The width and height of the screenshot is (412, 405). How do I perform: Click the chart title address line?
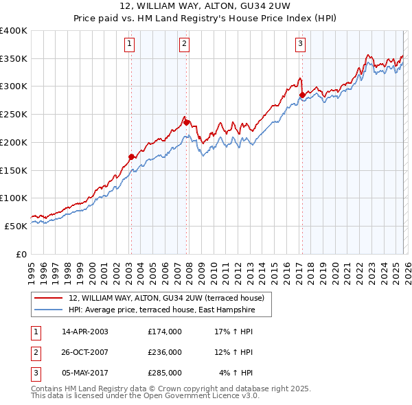(x=205, y=8)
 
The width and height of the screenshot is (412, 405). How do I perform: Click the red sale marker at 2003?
(x=131, y=157)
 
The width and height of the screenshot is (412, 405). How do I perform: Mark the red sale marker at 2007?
(x=186, y=122)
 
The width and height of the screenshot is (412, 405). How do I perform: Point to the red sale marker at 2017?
(x=301, y=95)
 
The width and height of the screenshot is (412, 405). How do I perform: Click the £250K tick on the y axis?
(x=14, y=115)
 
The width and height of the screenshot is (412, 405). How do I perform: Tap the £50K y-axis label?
(x=16, y=226)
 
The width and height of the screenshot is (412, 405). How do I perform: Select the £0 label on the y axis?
(x=21, y=254)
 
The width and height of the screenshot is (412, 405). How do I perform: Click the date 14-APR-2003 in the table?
(x=85, y=332)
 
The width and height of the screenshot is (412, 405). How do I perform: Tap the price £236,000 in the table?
(x=165, y=352)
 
